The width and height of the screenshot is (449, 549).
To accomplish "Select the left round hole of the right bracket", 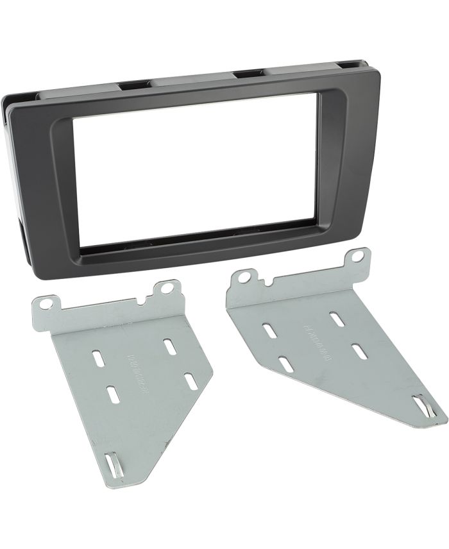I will [x=244, y=278].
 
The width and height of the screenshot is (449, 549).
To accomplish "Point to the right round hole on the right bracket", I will [x=358, y=257].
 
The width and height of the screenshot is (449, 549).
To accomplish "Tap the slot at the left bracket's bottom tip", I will [x=114, y=464].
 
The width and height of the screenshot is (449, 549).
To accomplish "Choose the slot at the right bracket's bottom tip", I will [x=421, y=406].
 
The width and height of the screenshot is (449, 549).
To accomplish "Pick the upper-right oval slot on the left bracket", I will [x=170, y=346].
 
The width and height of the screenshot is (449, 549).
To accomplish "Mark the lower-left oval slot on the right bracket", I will [x=286, y=364].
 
